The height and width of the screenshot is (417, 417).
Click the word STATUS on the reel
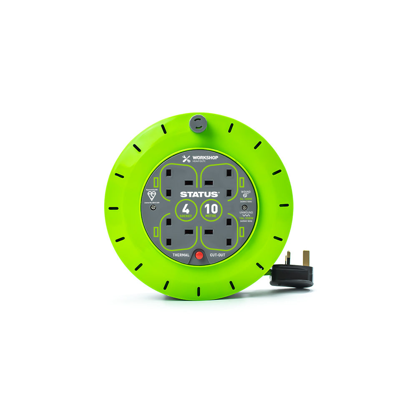pos(193,194)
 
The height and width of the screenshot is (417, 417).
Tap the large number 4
pos(186,208)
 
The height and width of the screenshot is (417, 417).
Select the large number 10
pos(211,208)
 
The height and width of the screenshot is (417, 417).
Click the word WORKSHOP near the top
pos(203,158)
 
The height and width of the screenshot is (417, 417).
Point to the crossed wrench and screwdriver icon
pos(186,159)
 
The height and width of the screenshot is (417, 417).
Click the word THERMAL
pos(181,254)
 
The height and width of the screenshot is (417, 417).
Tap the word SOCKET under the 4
pos(186,217)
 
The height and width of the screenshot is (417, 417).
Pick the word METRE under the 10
pos(211,217)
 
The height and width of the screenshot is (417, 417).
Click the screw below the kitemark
pos(154,207)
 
